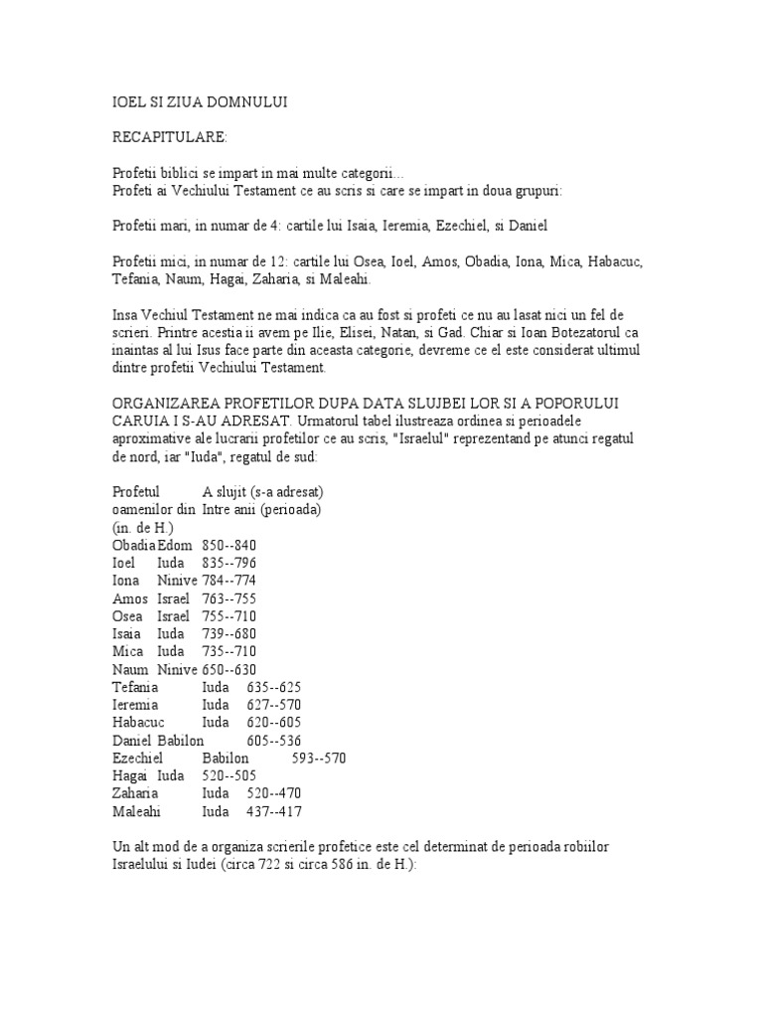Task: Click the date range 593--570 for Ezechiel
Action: click(x=319, y=758)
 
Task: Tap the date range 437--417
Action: click(x=273, y=811)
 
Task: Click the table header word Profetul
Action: click(x=137, y=491)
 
